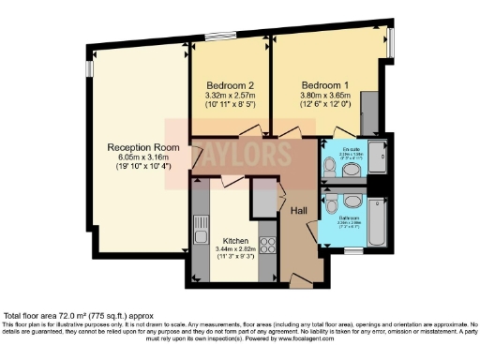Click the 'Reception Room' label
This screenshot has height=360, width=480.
pyautogui.click(x=142, y=147)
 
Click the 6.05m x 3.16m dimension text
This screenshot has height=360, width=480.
pyautogui.click(x=142, y=157)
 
